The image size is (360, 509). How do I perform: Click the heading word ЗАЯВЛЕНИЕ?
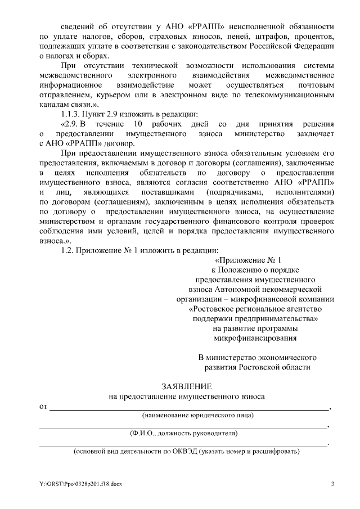click(x=187, y=387)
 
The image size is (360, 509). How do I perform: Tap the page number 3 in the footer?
click(x=332, y=484)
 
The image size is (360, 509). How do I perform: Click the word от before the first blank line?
click(x=43, y=406)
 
